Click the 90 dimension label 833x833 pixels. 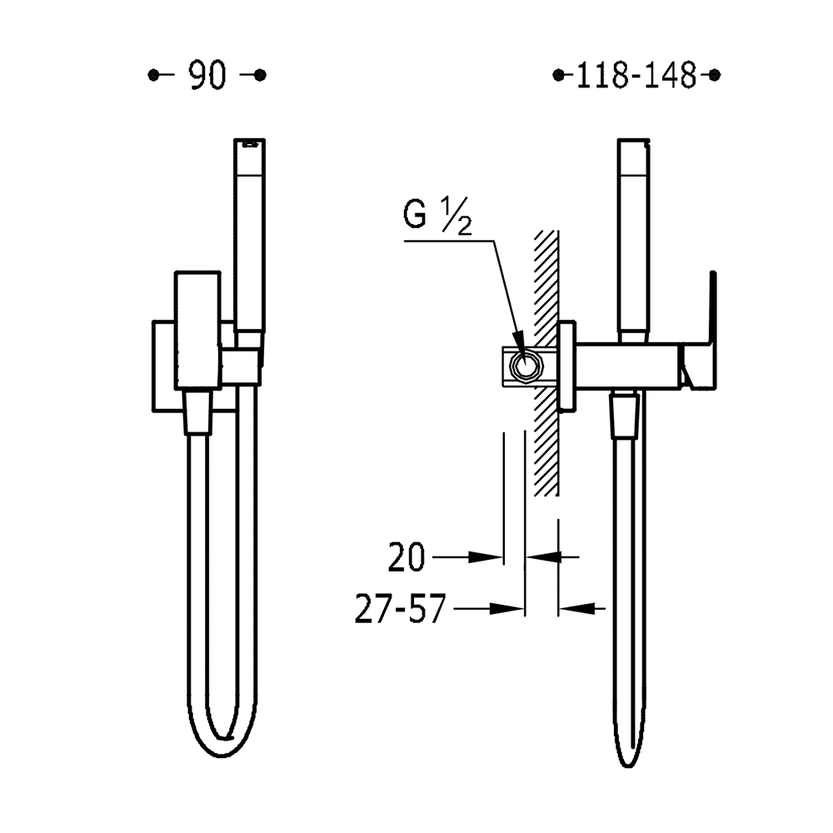point(207,76)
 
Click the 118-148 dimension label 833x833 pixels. point(636,76)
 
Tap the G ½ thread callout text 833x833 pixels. point(437,215)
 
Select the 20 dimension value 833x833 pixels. point(407,557)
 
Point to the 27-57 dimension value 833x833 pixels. point(400,609)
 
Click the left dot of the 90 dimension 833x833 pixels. point(153,76)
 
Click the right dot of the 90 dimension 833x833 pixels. point(260,76)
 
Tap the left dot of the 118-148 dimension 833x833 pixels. point(558,76)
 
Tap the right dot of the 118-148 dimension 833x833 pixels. point(715,76)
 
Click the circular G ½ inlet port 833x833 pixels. point(524,367)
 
